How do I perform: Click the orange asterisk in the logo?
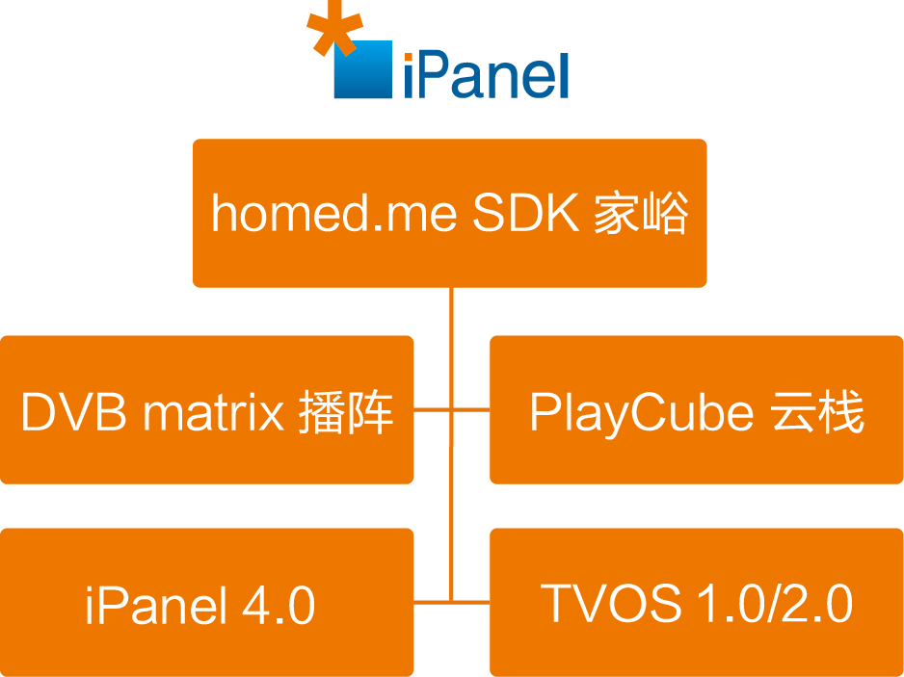pyautogui.click(x=335, y=29)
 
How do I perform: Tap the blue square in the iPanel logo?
pyautogui.click(x=363, y=69)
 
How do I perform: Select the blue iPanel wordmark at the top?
pyautogui.click(x=486, y=75)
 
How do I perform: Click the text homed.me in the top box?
pyautogui.click(x=334, y=213)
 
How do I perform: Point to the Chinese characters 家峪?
pyautogui.click(x=641, y=213)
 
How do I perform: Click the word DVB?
pyautogui.click(x=74, y=412)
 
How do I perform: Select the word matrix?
pyautogui.click(x=213, y=412)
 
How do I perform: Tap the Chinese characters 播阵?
pyautogui.click(x=346, y=412)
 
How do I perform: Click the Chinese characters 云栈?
pyautogui.click(x=817, y=412)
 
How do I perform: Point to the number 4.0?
pyautogui.click(x=279, y=606)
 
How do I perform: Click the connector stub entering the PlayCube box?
pyautogui.click(x=471, y=410)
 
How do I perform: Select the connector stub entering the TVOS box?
pyautogui.click(x=471, y=603)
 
